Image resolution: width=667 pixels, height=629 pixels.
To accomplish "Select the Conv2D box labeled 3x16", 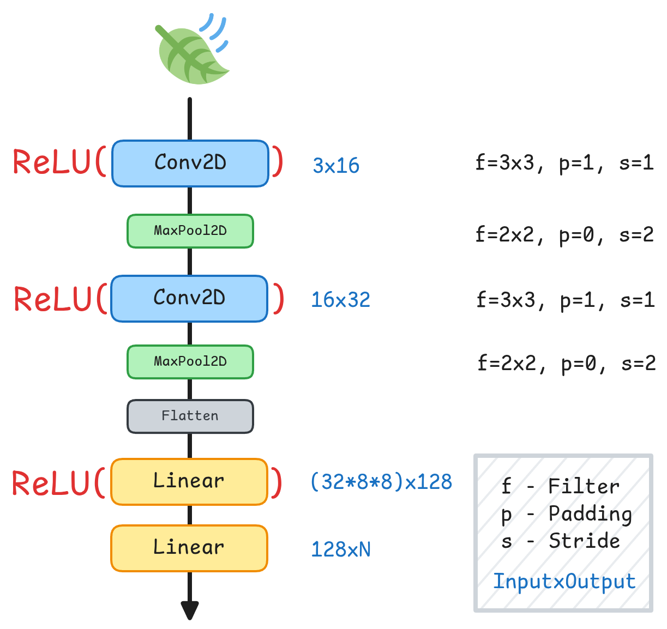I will coord(190,164).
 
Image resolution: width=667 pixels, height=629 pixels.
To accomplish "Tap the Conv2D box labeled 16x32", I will coord(189,299).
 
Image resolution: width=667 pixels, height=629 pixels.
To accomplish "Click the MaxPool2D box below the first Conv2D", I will coord(190,231).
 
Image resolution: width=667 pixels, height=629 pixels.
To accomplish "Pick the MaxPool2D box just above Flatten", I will coord(190,362).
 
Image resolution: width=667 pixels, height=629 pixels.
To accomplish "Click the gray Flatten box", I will coord(190,416).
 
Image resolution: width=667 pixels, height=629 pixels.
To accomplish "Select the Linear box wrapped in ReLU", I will coord(189,482).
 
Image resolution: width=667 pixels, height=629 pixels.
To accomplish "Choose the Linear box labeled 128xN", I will coord(189,548).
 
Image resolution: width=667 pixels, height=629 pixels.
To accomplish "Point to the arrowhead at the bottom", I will coord(190,610).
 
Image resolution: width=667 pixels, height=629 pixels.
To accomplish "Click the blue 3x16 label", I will coord(336,166).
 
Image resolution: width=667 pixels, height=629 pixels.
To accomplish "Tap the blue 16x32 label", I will coord(340,300).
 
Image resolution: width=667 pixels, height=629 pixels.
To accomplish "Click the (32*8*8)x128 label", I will coord(381,482).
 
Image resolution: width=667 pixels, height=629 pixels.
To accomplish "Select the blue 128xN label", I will coord(341,549).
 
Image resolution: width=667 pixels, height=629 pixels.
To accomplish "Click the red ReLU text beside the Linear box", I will coord(52,483).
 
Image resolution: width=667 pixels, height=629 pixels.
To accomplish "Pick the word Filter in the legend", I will coord(584,486).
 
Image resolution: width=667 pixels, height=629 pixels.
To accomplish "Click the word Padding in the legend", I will coord(590,514).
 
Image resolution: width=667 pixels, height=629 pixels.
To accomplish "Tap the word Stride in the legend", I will coord(584,541).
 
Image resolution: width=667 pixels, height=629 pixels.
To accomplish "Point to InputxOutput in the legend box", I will coord(564,582).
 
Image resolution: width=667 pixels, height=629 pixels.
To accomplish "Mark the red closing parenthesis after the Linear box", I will coord(277,483).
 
